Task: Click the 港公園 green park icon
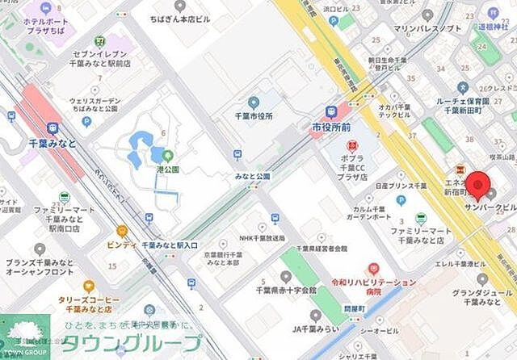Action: [168, 155]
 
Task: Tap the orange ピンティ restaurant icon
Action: [122, 231]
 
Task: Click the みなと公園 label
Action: [253, 176]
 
